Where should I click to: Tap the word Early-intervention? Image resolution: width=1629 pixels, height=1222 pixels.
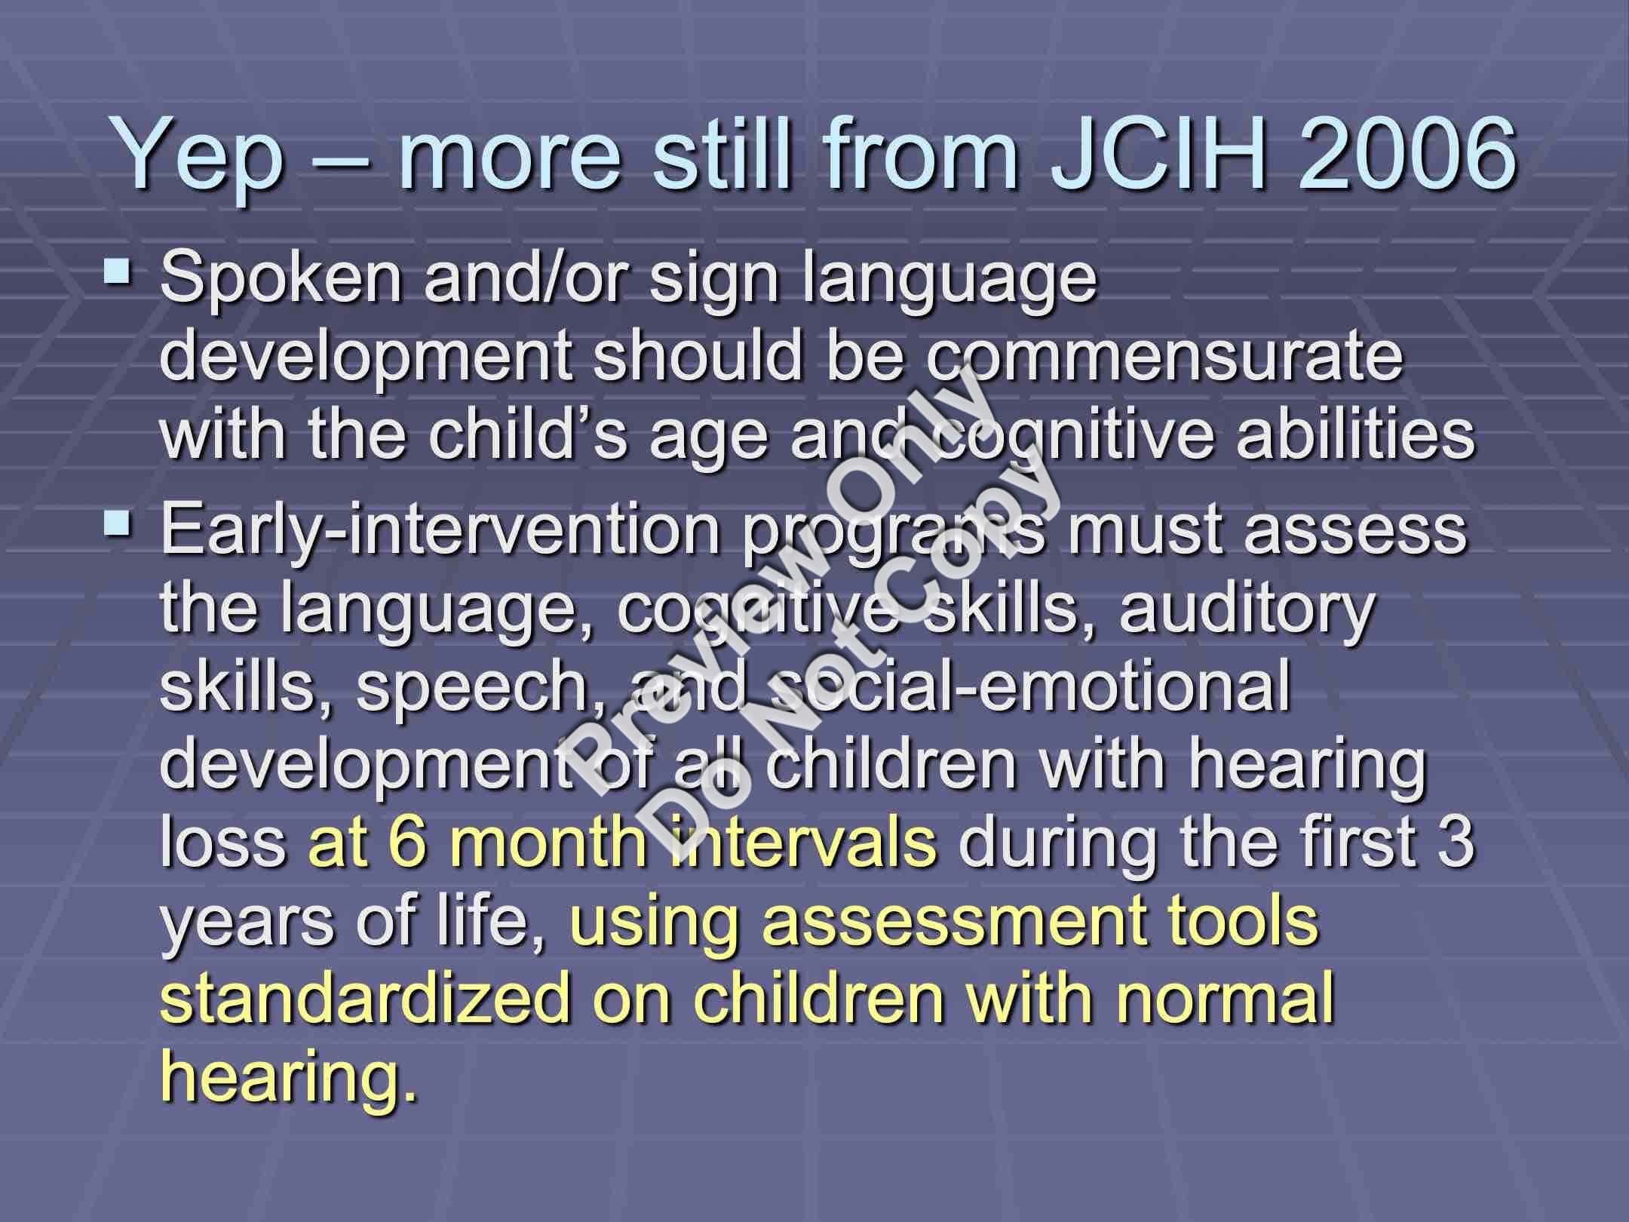point(442,529)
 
